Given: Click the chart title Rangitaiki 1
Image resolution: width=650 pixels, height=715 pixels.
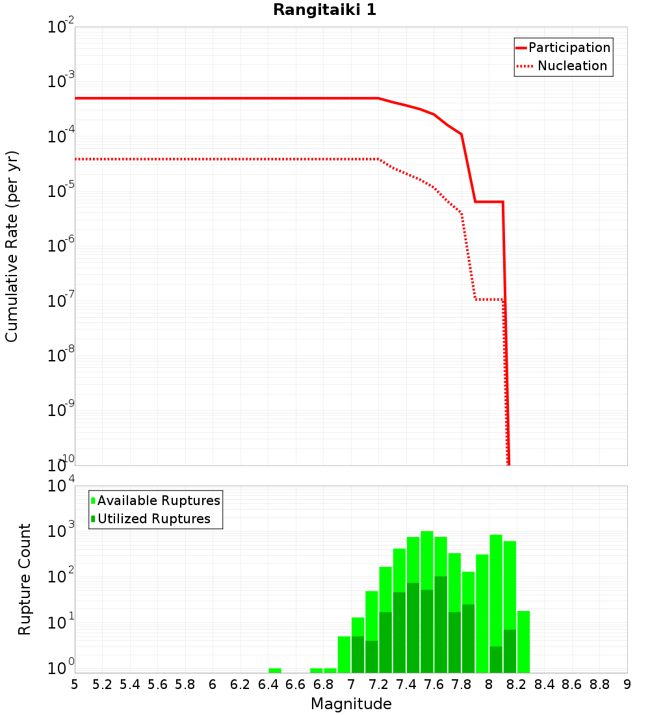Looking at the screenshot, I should coord(324,10).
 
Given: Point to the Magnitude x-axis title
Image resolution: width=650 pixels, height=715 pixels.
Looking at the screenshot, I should coord(351,704).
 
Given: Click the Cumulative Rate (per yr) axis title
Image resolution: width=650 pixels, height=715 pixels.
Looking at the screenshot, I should coord(12,246).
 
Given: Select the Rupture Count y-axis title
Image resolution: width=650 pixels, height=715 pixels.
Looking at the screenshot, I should coord(25,579).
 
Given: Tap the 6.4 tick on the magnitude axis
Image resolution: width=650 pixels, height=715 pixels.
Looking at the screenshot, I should coord(268,684).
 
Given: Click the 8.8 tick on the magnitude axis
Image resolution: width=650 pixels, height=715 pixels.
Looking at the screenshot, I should coord(599,684).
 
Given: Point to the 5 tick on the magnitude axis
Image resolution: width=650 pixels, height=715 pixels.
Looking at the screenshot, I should coord(75,684).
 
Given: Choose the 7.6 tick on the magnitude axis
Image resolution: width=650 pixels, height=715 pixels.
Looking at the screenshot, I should coord(434,684).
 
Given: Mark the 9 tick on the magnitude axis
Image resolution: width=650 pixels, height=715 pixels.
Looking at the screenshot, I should coord(627,684).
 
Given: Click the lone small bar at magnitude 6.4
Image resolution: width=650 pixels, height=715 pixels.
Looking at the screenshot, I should coord(275,670).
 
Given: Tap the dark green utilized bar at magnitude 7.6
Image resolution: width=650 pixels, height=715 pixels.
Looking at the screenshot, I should coord(441,624).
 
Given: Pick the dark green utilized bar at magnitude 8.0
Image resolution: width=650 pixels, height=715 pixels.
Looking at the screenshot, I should coord(496,659).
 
